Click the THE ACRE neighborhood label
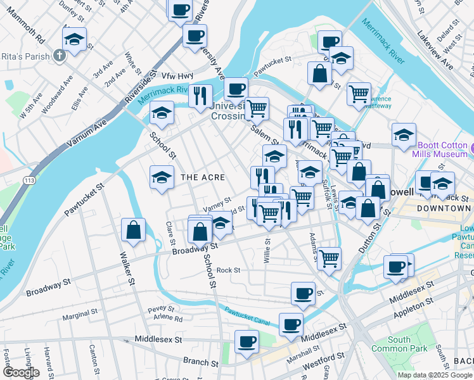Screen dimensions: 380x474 [x=203, y=177]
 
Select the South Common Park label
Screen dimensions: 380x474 [x=399, y=344]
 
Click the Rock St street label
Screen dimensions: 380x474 [x=228, y=270]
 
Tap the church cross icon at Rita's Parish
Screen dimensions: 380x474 [x=59, y=56]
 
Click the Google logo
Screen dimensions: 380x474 [x=21, y=372]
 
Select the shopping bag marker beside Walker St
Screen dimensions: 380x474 [x=134, y=231]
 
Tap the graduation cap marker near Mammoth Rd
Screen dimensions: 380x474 [x=75, y=39]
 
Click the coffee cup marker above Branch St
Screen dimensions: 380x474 [x=247, y=341]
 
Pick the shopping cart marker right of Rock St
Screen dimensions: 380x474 [x=330, y=257]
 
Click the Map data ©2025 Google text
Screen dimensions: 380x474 [x=435, y=374]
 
